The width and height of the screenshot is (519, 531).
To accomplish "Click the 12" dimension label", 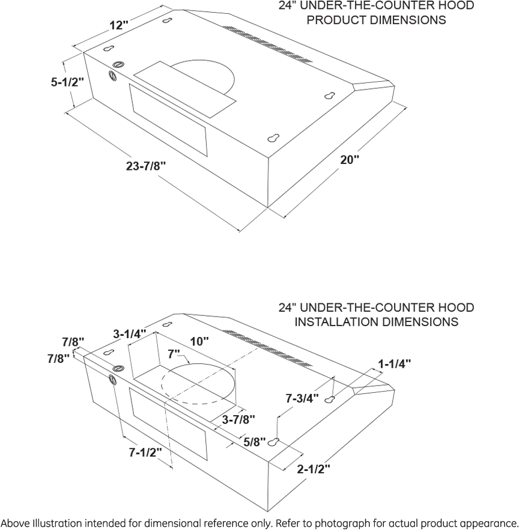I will [x=119, y=26].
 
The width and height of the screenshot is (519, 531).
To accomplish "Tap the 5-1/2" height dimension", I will [x=67, y=82].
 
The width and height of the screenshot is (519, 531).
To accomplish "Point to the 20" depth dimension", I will [x=350, y=160].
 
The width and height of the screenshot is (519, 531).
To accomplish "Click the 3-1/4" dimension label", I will [x=130, y=334].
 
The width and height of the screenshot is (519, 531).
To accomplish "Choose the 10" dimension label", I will [x=199, y=341].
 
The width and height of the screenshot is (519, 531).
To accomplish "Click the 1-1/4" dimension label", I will [x=394, y=363].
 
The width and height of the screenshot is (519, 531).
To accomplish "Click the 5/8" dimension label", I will [x=255, y=442].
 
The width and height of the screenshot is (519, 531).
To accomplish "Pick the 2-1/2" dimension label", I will [x=314, y=469].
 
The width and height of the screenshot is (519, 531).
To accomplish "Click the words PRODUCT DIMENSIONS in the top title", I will [x=376, y=20].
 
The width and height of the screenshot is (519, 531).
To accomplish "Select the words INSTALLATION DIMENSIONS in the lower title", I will [x=376, y=321].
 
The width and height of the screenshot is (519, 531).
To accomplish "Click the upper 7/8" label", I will [x=73, y=342].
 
